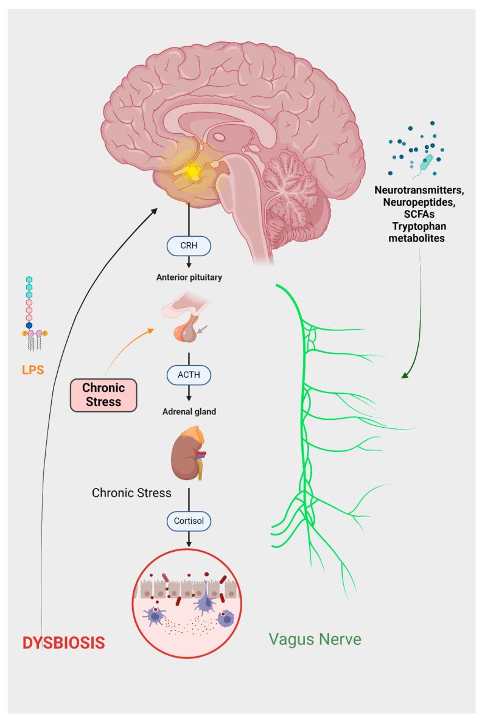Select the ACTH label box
189,376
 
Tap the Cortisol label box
189,521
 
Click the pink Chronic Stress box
102,395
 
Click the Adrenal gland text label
189,411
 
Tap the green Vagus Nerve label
315,639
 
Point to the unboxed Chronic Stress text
131,492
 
